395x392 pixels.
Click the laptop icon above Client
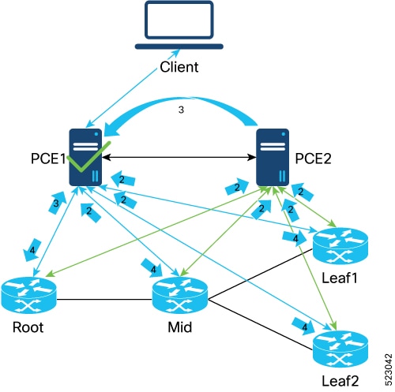tap(179, 25)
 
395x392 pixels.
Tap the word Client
tap(179, 67)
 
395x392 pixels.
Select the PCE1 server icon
tap(85, 157)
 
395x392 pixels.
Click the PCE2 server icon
tap(273, 157)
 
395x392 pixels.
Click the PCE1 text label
tap(48, 159)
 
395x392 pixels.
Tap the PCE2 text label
tap(313, 159)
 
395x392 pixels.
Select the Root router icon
tap(28, 295)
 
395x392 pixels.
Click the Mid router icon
tap(180, 295)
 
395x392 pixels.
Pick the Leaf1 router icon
tap(340, 246)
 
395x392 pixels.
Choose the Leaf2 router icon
tap(340, 349)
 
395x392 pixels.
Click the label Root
tap(28, 327)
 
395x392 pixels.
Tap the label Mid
tap(180, 327)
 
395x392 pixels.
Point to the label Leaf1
tap(340, 278)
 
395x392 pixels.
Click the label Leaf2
tap(340, 380)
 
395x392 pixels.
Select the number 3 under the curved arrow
tap(181, 110)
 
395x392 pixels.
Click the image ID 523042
tap(389, 370)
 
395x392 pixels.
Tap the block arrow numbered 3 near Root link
tap(57, 203)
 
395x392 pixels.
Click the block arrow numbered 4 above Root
tap(32, 250)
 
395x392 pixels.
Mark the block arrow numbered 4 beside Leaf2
tap(303, 326)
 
